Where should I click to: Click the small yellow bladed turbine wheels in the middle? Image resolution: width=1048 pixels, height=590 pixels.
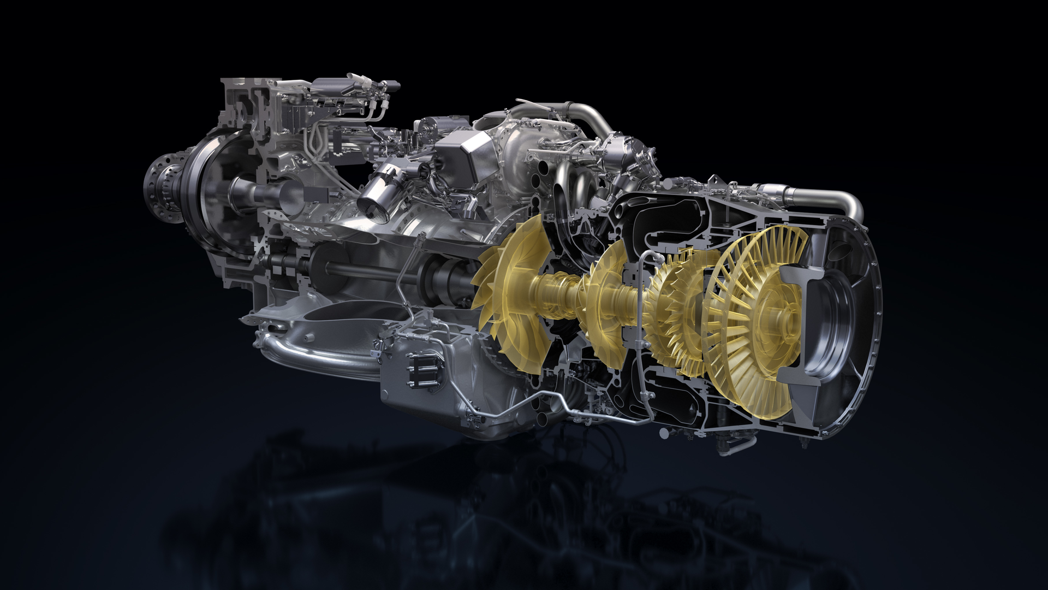[x=674, y=311]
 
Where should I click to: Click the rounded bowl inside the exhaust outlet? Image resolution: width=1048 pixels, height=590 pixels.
[x=835, y=322]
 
